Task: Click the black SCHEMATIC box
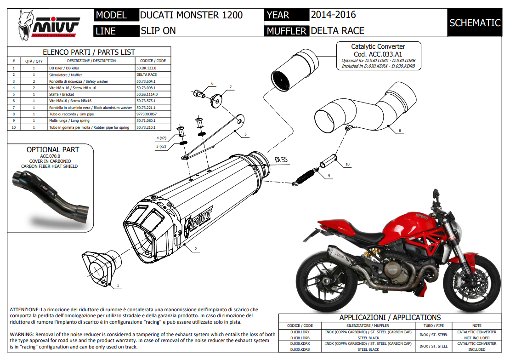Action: (x=475, y=23)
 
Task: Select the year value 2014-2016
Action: (x=333, y=15)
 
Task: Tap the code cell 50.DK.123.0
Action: (x=147, y=68)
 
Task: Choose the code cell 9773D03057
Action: (x=147, y=114)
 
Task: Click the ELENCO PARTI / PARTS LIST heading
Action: (x=89, y=52)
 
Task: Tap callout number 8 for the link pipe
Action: (x=400, y=131)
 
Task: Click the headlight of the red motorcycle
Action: (x=460, y=225)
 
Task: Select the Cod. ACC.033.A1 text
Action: (x=378, y=54)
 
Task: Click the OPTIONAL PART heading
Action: (x=52, y=149)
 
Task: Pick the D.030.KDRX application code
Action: (x=300, y=343)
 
